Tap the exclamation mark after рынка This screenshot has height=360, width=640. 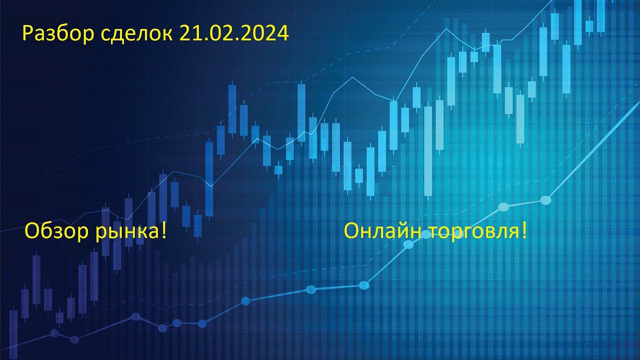click(x=163, y=230)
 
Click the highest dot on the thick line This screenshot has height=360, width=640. click(x=545, y=200)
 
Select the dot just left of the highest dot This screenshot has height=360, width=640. click(x=503, y=207)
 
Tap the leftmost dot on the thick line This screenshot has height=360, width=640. click(x=54, y=333)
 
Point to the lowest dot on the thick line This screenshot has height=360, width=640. click(x=74, y=339)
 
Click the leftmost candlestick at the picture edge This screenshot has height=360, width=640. click(x=13, y=333)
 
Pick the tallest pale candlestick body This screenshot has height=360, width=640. click(x=428, y=151)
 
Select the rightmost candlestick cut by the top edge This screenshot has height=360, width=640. click(x=601, y=16)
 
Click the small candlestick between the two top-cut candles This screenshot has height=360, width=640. click(x=589, y=26)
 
